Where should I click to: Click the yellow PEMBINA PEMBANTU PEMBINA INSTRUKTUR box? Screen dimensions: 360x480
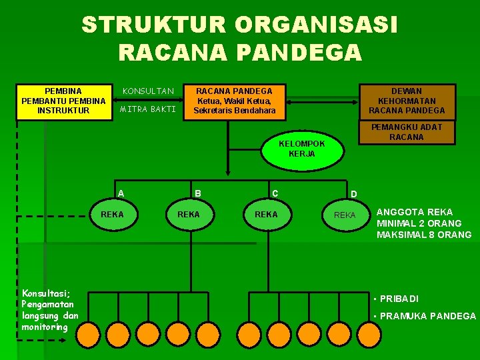point(63,101)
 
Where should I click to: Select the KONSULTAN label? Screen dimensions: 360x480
point(147,91)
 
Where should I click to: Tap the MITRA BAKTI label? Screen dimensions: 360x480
point(147,109)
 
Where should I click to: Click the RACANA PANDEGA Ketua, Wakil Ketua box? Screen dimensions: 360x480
point(234,101)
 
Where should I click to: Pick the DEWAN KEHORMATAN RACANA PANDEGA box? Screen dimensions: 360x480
point(407,101)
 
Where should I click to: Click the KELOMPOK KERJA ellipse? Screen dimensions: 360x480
point(302,149)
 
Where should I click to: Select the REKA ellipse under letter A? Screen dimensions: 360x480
point(111,215)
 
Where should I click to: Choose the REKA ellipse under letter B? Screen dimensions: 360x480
point(188,215)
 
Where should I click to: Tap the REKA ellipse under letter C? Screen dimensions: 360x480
point(266,215)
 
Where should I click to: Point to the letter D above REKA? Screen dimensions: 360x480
point(354,195)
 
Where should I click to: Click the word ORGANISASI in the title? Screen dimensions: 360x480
point(316,25)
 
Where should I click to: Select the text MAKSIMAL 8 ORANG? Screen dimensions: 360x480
point(424,235)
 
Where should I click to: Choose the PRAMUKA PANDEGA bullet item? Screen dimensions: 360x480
point(427,316)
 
